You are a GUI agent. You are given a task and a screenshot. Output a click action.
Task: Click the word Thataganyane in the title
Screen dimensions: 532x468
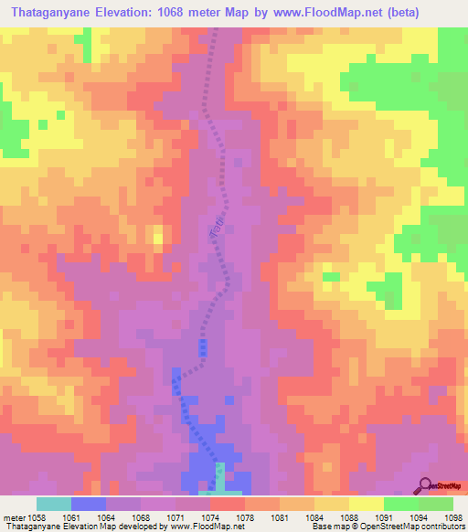[54, 13]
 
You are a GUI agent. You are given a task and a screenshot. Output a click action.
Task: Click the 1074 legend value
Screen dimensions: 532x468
[210, 516]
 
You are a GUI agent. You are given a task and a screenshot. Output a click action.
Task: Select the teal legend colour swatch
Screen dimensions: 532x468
[54, 504]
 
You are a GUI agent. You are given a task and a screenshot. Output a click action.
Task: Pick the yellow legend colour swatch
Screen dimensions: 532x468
[367, 504]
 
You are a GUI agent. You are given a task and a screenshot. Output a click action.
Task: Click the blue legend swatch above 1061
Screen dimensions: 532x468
[89, 504]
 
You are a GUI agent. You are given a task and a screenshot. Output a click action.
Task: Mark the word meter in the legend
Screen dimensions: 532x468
[15, 516]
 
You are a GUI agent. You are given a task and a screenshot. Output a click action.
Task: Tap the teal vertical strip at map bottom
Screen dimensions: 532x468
[219, 477]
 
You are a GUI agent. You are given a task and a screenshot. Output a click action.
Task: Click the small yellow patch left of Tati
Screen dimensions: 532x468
[158, 240]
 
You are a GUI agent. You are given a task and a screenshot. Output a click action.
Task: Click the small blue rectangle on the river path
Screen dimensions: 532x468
[203, 348]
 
